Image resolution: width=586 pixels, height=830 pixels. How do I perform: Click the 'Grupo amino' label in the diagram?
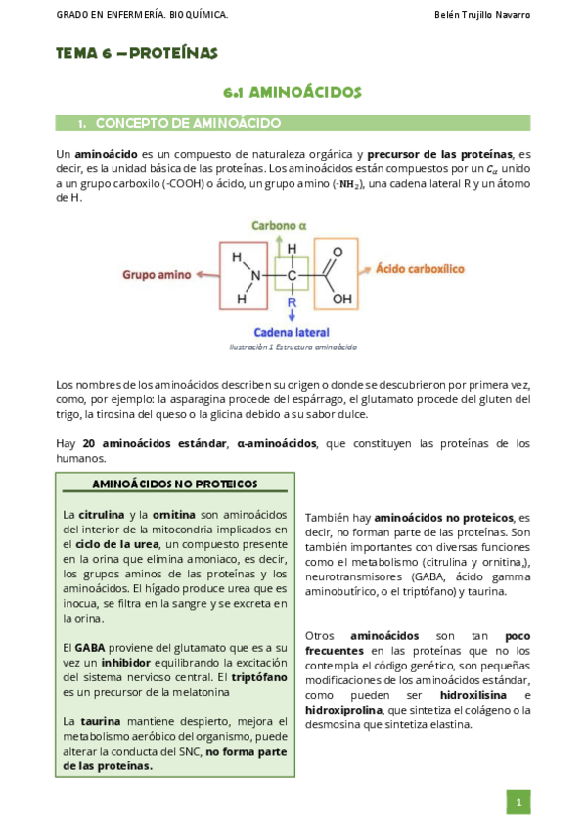pos(156,275)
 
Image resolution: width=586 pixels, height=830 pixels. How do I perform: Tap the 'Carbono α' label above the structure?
pos(280,225)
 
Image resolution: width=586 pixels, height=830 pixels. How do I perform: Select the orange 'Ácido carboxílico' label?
pos(420,268)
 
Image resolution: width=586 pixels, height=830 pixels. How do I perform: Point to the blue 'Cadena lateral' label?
pos(292,332)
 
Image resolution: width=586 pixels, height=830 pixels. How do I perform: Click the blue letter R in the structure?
pos(291,302)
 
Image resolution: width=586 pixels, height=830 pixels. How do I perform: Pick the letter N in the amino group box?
pos(256,276)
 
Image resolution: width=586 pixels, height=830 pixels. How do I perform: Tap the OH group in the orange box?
pos(341,300)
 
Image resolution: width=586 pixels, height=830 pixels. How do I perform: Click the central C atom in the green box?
pos(292,276)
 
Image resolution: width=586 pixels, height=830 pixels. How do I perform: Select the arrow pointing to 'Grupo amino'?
pos(203,275)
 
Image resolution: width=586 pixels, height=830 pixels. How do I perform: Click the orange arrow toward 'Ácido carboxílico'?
pos(365,269)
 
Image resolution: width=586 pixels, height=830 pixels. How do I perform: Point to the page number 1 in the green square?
pos(518,803)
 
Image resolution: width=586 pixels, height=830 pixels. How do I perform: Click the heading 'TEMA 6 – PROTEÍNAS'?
pos(137,53)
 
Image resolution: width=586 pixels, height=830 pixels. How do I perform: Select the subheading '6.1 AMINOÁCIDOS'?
pos(293,93)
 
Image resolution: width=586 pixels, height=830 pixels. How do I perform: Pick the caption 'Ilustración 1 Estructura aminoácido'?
pos(293,347)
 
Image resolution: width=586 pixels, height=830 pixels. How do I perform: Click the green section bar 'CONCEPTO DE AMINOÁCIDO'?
pos(293,123)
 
